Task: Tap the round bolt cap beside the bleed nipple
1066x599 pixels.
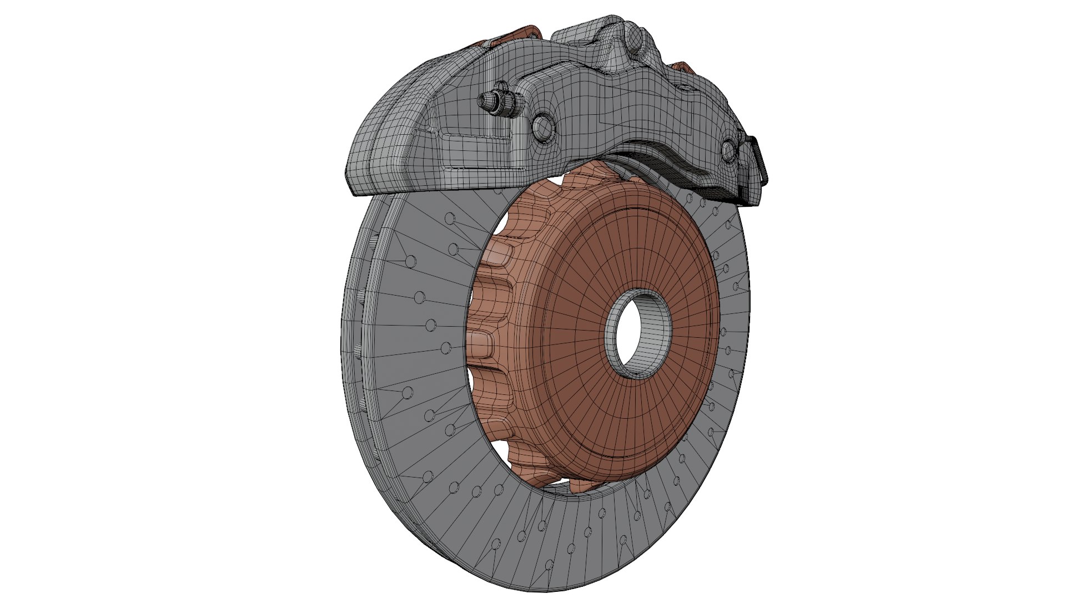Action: [542, 127]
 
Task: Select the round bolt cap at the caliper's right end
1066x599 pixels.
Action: [731, 151]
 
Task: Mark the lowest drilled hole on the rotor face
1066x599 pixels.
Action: [549, 565]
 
